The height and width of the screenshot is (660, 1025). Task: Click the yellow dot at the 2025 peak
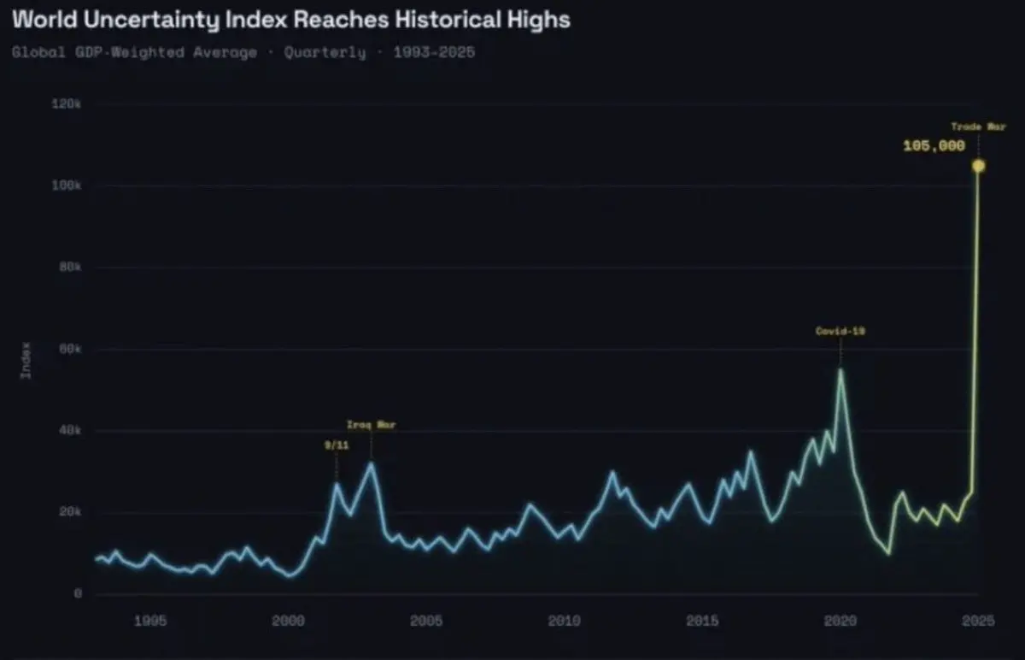[978, 166]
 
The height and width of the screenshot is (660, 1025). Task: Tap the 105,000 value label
[934, 145]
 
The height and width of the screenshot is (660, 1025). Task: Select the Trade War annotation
[978, 127]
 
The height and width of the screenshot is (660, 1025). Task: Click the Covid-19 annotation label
[840, 331]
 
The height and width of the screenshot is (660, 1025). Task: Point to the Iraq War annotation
[371, 424]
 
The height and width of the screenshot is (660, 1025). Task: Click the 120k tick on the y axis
[67, 103]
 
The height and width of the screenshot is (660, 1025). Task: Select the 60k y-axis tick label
[70, 349]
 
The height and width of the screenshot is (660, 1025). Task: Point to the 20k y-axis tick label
[70, 512]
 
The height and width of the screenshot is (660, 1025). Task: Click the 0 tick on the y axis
[78, 593]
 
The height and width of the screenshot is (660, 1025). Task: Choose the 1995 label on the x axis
[150, 621]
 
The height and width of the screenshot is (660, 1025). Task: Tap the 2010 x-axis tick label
[565, 621]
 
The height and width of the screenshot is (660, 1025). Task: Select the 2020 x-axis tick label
[840, 621]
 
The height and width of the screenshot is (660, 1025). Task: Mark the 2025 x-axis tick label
[978, 621]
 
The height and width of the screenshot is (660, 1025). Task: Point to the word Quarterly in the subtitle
[325, 53]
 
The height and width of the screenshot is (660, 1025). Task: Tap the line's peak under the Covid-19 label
[840, 369]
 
